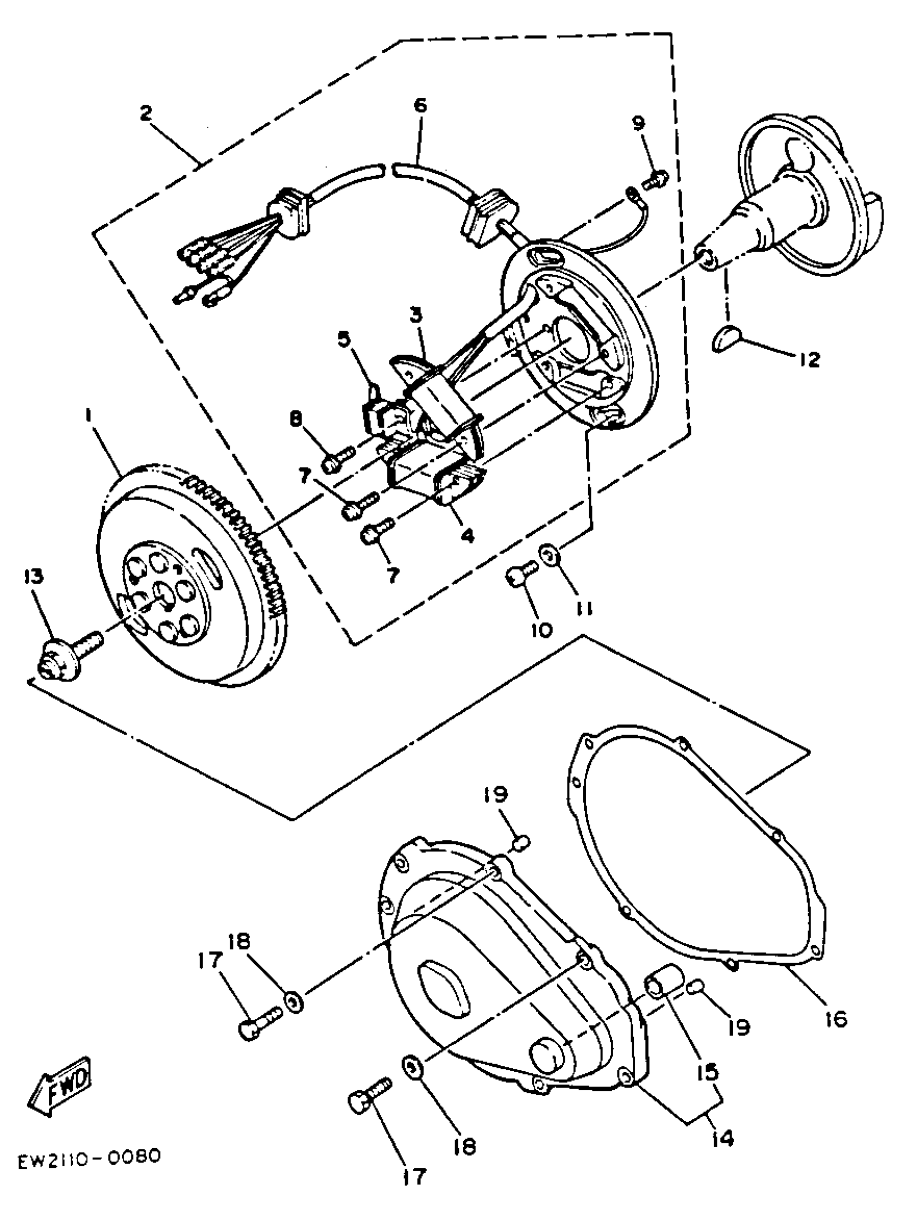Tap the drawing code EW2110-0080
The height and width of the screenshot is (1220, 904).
[89, 1158]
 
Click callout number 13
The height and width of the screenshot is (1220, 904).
[34, 577]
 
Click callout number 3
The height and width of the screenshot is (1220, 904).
[417, 316]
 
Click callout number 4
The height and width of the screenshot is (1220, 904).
[468, 535]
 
